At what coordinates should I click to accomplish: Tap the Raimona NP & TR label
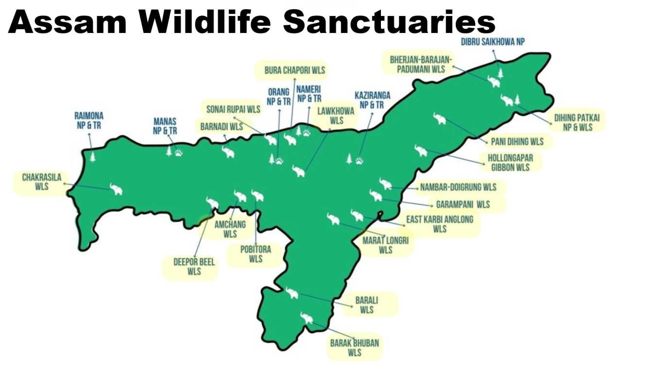coord(89,120)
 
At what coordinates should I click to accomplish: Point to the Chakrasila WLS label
coord(42,182)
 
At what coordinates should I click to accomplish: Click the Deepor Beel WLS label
coord(194,267)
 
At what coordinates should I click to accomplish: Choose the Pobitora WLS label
coord(256,254)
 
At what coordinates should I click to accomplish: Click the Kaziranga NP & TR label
coord(372,100)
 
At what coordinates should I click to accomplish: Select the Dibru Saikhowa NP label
coord(493,42)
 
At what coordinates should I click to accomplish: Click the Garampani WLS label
coord(463,204)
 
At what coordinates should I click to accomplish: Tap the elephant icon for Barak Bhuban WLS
coord(307,318)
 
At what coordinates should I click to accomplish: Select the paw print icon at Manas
coord(179,153)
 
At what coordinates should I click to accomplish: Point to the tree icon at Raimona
coord(92,156)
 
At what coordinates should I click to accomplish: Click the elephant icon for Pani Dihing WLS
coord(439,118)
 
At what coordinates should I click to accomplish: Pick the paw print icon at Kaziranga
coord(359,160)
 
